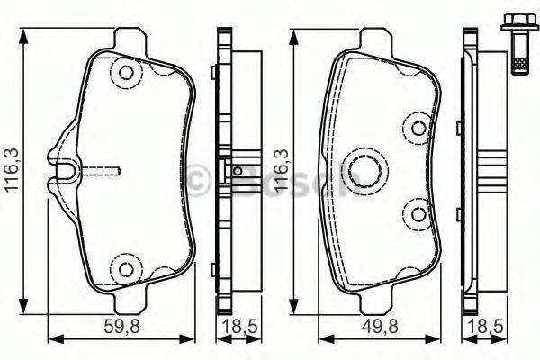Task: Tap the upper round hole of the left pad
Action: point(126,73)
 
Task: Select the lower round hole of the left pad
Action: point(126,268)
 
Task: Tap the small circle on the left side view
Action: point(238,171)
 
